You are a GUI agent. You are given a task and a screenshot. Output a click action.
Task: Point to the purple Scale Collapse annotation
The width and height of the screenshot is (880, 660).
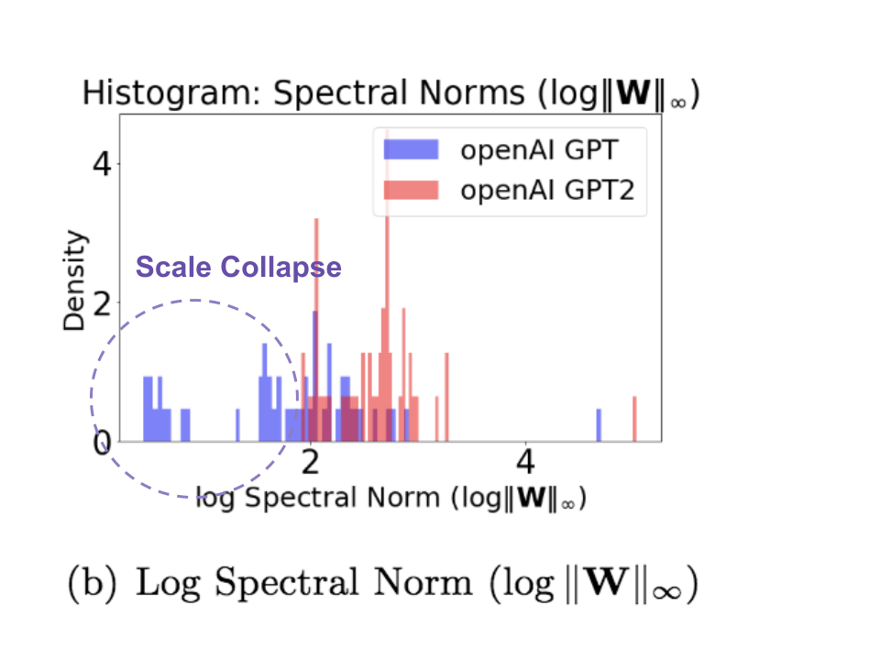coord(238,268)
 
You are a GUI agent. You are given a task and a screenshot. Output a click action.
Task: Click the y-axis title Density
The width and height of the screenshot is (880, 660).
coord(77,280)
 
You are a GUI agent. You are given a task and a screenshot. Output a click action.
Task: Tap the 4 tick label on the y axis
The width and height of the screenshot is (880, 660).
coord(103,165)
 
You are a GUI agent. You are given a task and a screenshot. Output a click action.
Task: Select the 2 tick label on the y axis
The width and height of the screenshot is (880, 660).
coord(103,303)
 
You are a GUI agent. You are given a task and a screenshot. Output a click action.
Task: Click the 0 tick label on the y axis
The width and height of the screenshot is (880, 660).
coord(103,443)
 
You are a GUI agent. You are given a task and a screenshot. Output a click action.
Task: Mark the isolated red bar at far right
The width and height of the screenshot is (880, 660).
coord(633,418)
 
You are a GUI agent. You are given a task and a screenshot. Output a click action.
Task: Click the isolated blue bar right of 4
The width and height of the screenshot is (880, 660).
coord(599,424)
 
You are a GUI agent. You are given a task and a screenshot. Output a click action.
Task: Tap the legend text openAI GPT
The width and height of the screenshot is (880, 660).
coord(536,149)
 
